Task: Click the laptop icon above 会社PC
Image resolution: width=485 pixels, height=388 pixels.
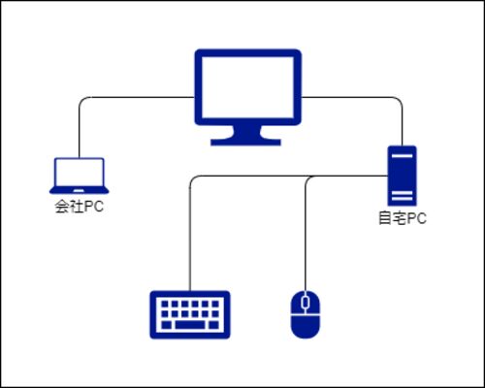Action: point(80,176)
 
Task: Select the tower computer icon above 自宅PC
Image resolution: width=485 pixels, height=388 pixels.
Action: point(403,176)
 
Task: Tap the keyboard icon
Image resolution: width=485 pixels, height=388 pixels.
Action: point(190,315)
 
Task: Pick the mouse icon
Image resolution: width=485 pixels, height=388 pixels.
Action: point(306,314)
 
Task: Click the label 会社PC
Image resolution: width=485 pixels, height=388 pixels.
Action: point(80,207)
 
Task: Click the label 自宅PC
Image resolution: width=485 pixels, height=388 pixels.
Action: point(403,218)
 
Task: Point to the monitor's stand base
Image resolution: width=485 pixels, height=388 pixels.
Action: point(245,143)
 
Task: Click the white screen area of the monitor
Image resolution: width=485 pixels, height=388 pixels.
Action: point(248,87)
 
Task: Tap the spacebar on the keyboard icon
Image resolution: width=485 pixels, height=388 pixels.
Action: point(190,325)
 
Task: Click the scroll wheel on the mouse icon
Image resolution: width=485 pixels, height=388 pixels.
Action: point(306,303)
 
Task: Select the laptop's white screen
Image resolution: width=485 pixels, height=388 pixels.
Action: point(80,173)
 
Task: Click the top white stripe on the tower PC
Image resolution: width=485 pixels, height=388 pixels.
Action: point(403,156)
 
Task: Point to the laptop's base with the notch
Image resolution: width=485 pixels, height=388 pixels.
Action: point(80,191)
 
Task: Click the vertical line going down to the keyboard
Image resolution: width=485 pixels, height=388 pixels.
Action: point(190,233)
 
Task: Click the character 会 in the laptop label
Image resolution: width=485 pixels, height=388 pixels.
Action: point(61,207)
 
